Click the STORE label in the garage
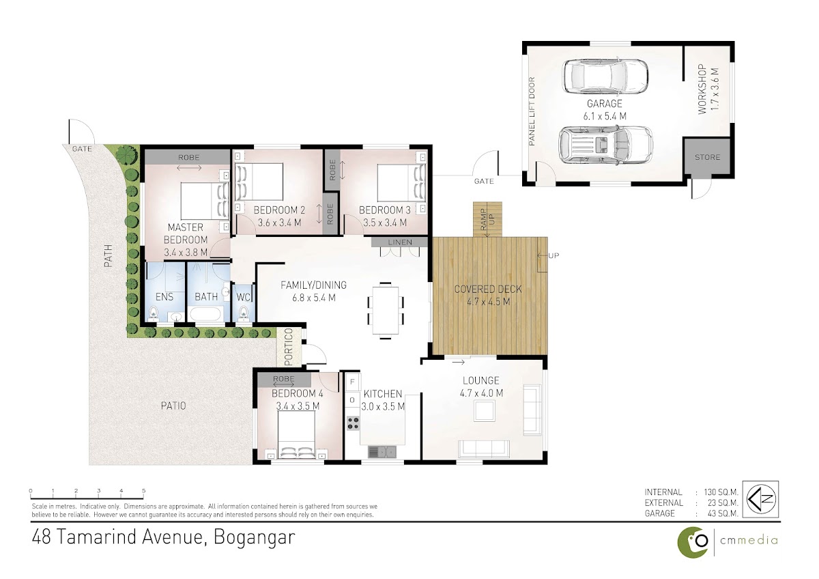(707, 157)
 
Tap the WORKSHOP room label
(702, 89)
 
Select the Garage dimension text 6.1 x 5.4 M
(605, 116)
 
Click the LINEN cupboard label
(400, 242)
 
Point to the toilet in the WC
(244, 314)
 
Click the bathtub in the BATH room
(205, 314)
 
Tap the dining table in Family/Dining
(386, 311)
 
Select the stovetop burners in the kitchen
(353, 423)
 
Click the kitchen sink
(382, 452)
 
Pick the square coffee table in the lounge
(485, 411)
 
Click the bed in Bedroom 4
(296, 434)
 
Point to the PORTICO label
(289, 347)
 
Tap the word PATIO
(173, 406)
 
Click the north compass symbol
(762, 499)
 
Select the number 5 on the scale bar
(144, 491)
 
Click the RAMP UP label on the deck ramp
(487, 219)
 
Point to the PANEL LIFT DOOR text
(532, 111)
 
